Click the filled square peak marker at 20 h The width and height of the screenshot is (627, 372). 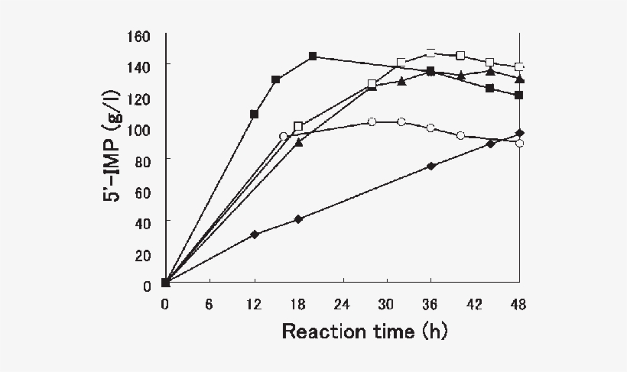tap(313, 57)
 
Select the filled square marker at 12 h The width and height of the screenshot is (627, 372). tap(254, 114)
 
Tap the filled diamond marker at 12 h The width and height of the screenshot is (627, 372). tap(254, 235)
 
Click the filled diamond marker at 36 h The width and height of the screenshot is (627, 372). tap(431, 166)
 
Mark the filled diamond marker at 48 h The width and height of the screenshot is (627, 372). tap(520, 133)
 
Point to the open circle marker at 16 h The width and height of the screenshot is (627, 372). tap(284, 136)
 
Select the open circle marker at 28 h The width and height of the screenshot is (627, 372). tap(372, 121)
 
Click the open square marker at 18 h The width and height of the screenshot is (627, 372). tap(298, 126)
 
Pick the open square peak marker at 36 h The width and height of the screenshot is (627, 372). tap(431, 53)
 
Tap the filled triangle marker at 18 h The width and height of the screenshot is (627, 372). tap(298, 142)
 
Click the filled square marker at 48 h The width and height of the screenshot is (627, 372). tap(519, 95)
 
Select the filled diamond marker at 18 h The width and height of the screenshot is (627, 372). tap(298, 219)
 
